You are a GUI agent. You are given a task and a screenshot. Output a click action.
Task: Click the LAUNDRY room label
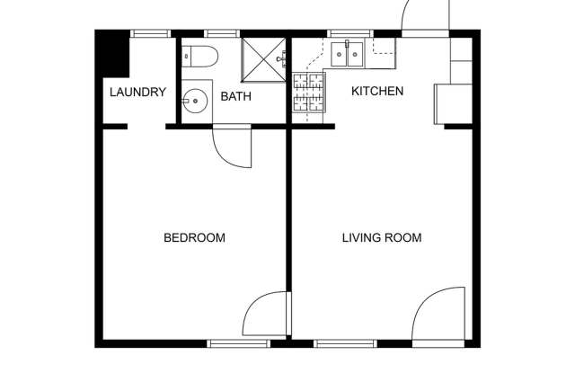[137, 92]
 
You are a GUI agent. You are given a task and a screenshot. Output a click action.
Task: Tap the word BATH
[235, 97]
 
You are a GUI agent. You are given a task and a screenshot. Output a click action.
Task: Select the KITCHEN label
[376, 91]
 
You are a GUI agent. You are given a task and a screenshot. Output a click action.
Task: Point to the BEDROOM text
[193, 238]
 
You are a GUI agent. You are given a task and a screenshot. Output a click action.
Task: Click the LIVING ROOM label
[382, 238]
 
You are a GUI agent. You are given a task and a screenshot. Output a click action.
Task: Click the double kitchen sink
[346, 55]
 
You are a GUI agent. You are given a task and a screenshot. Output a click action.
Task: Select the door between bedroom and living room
[266, 315]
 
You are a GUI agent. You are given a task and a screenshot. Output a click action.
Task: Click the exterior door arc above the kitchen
[422, 16]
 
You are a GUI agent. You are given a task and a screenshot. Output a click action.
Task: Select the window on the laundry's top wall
[150, 34]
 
